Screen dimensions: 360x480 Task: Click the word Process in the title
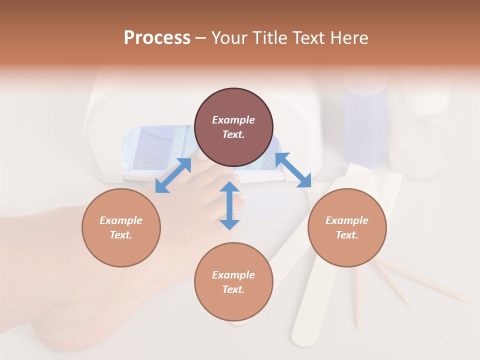click(x=157, y=38)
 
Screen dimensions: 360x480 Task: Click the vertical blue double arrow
click(x=229, y=205)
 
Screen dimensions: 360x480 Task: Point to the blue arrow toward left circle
click(x=173, y=175)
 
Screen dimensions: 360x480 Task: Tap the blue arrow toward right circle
click(x=293, y=170)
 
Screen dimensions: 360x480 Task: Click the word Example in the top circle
click(x=233, y=120)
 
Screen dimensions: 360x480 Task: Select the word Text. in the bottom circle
click(x=233, y=289)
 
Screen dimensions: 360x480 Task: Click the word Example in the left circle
click(x=121, y=220)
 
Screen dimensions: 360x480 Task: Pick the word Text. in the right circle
click(x=347, y=235)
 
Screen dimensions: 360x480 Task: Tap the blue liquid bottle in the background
click(x=366, y=125)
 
